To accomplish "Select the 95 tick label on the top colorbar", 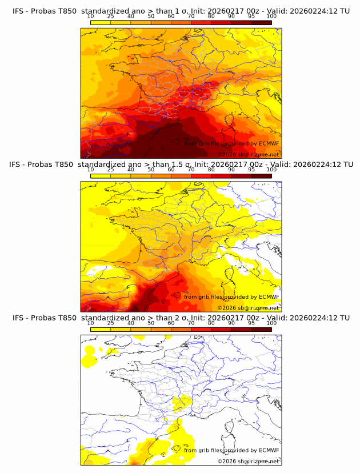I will (251, 16).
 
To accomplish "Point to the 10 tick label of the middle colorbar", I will (90, 170).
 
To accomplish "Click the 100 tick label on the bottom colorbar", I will (271, 323).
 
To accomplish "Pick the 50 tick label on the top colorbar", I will (151, 16).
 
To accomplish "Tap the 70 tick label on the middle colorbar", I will (191, 170).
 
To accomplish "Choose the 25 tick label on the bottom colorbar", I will (110, 323).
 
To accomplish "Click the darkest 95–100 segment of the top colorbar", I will (261, 22).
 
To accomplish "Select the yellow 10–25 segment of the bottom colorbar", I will (100, 329).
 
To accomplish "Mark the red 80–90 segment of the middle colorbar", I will (221, 176).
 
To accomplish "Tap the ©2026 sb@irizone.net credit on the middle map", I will (248, 308).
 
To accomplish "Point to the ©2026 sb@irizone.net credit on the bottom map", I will (248, 461).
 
